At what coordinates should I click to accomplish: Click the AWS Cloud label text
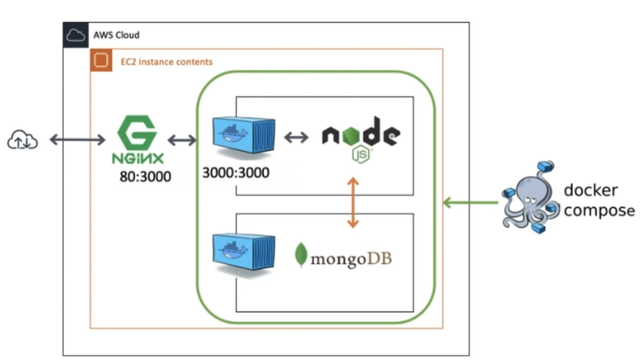(x=116, y=35)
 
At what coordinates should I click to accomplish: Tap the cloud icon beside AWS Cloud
(x=76, y=35)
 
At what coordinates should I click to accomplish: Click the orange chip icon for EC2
(x=101, y=61)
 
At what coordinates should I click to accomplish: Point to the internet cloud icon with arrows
(x=22, y=141)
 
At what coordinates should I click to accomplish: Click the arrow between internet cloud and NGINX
(x=77, y=140)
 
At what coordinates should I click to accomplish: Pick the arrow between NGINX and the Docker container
(x=182, y=141)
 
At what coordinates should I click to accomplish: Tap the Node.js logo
(x=361, y=139)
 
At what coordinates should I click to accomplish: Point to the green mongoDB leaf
(x=301, y=255)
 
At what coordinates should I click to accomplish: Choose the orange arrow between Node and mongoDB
(x=353, y=202)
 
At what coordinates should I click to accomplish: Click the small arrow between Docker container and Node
(x=296, y=137)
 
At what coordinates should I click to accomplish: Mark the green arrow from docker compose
(x=470, y=203)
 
